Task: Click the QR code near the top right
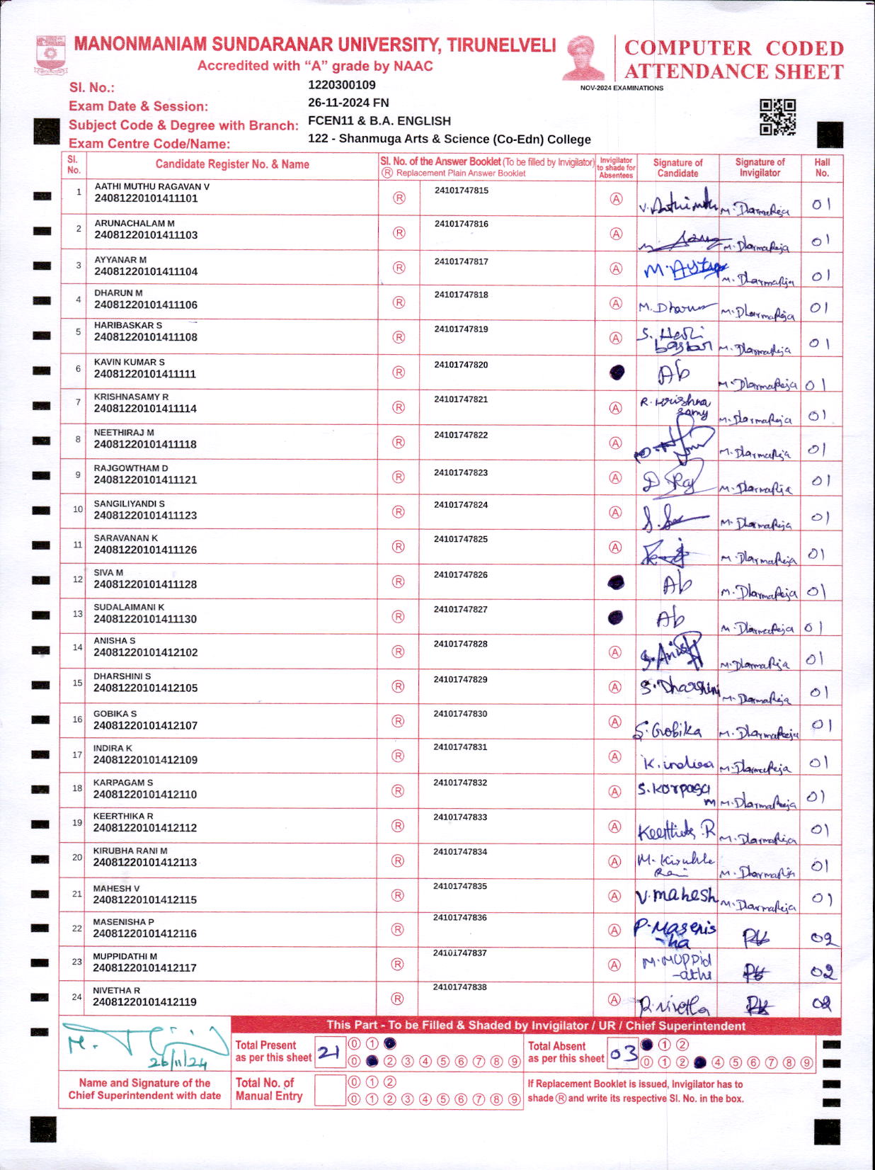coord(777,117)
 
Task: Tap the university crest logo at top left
coord(50,55)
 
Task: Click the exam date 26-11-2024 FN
coord(348,103)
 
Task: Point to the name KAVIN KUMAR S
coord(130,362)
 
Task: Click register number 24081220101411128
coord(145,584)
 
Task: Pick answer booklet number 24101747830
coord(460,714)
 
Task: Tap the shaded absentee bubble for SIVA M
coord(616,582)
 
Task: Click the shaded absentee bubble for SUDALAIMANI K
coord(616,617)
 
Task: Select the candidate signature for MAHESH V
coord(676,896)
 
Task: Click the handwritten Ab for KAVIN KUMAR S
coord(673,373)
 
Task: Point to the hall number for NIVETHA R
coord(821,1003)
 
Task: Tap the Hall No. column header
coord(822,167)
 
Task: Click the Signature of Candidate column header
coord(677,168)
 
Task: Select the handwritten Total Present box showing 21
coord(329,1052)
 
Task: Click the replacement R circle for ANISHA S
coord(399,652)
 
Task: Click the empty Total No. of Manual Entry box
coord(329,1090)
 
